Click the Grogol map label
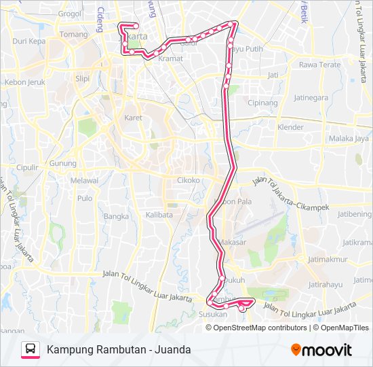click(69, 13)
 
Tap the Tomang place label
click(74, 34)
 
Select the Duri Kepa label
click(28, 41)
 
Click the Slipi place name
click(82, 78)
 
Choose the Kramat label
click(170, 58)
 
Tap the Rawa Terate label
click(319, 65)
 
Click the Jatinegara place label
click(311, 97)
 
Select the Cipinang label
click(263, 103)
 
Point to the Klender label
click(290, 127)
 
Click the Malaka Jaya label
click(349, 139)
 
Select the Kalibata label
click(159, 215)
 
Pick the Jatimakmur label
click(328, 259)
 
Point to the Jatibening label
click(354, 213)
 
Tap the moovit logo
click(321, 350)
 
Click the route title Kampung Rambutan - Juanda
click(119, 349)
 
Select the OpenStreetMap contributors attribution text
click(260, 328)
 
